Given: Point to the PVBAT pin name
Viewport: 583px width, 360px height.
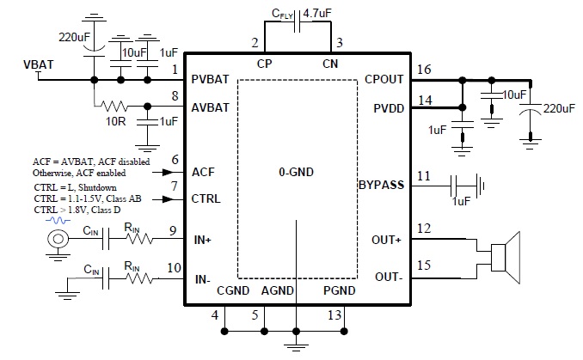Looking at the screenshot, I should (x=211, y=79).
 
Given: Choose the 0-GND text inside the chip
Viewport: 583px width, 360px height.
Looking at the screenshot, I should (x=297, y=172).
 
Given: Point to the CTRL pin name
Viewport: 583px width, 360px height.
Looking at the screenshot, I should (x=207, y=198).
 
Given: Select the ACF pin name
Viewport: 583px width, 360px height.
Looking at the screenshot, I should (x=203, y=171).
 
